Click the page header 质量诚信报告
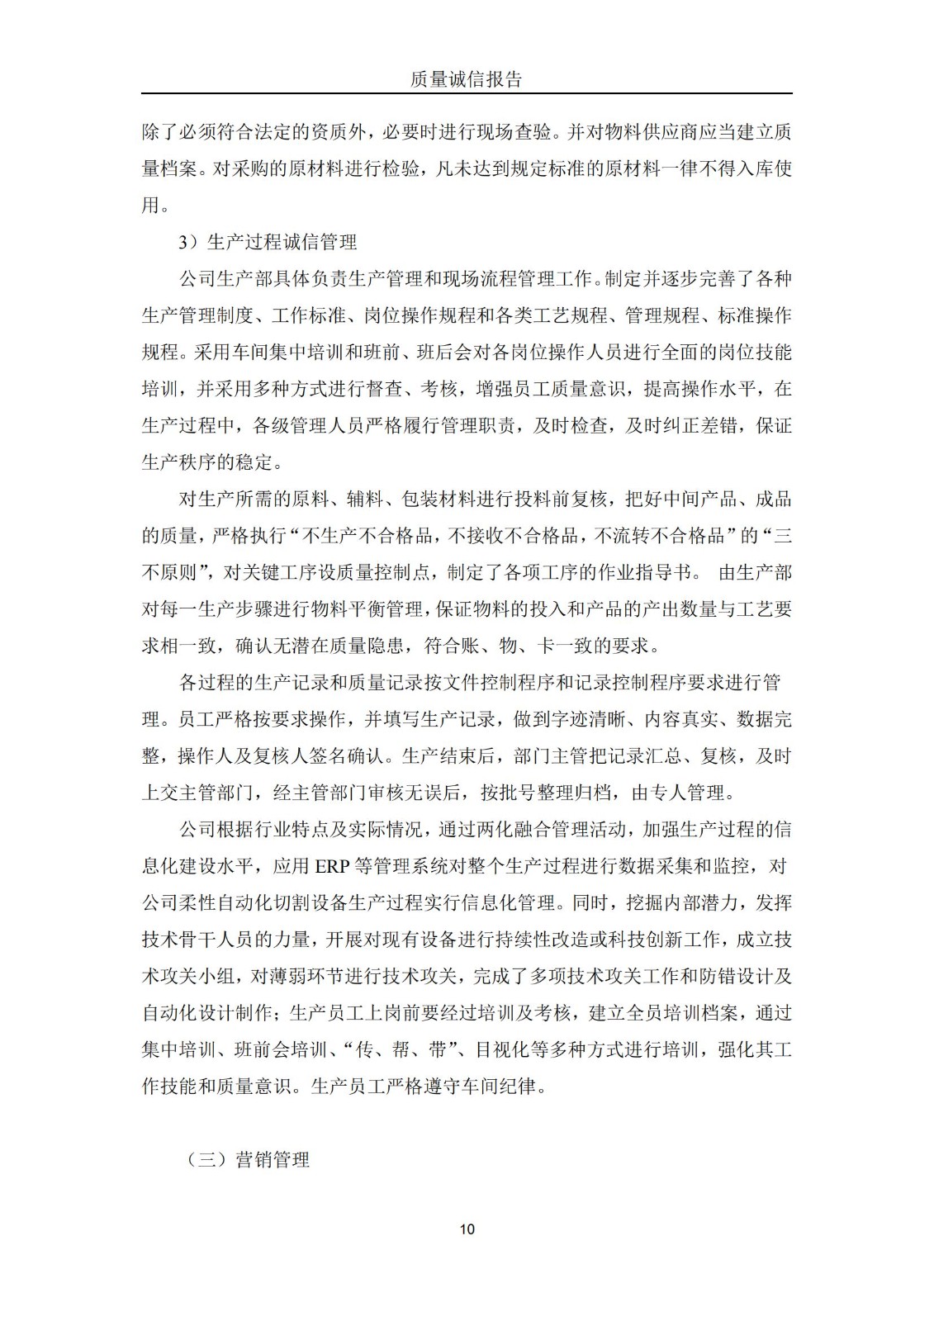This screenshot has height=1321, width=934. click(x=467, y=79)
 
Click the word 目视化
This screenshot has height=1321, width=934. click(x=501, y=1050)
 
